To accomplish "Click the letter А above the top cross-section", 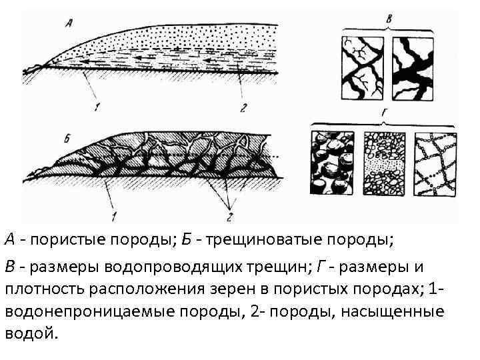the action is (69, 24).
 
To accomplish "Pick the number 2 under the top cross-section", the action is (244, 105).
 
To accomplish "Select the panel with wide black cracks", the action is (413, 67).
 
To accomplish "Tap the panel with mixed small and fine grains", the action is (383, 161).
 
